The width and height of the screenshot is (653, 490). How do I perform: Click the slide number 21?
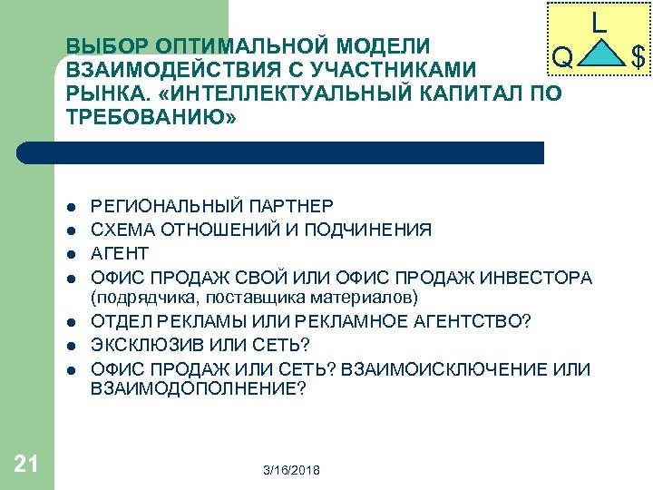pyautogui.click(x=26, y=465)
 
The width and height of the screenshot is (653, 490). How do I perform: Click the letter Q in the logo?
pyautogui.click(x=562, y=59)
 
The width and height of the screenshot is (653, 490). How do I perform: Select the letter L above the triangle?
pyautogui.click(x=599, y=21)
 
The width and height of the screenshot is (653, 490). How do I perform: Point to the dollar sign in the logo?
pyautogui.click(x=638, y=59)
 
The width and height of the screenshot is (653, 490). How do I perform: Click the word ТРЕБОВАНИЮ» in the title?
pyautogui.click(x=151, y=116)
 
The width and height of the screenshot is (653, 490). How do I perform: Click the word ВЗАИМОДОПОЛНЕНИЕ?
pyautogui.click(x=198, y=388)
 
